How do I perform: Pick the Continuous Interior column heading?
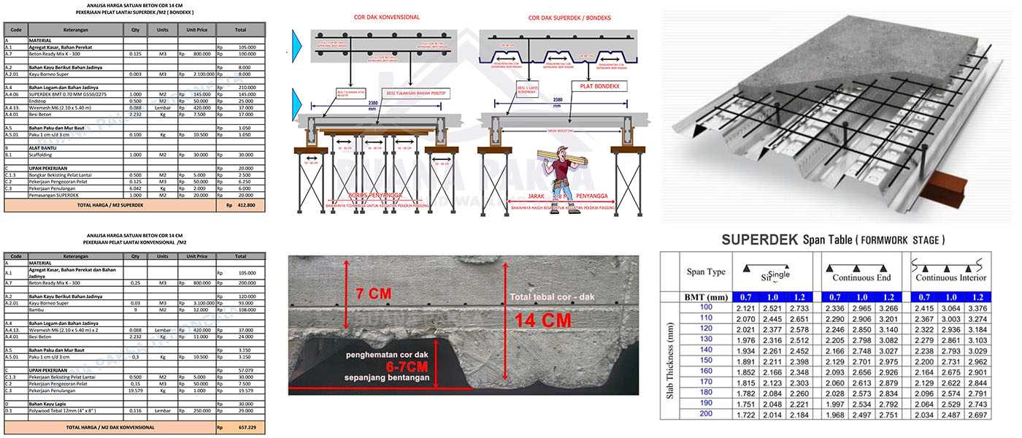click(x=950, y=277)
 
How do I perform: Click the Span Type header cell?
click(x=706, y=272)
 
